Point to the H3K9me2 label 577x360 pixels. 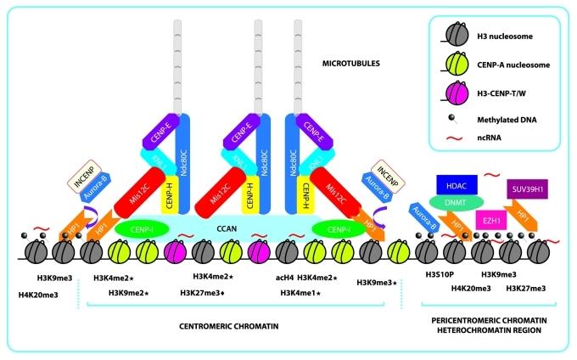tap(129, 292)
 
